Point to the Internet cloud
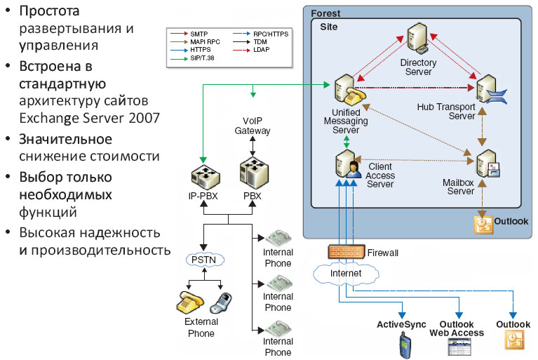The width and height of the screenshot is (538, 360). [347, 272]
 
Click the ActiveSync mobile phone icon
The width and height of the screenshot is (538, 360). [403, 345]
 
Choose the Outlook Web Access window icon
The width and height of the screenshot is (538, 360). [457, 346]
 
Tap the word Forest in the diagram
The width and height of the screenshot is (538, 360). [325, 13]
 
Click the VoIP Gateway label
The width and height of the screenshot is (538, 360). [253, 127]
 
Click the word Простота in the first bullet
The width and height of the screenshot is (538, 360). [49, 12]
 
